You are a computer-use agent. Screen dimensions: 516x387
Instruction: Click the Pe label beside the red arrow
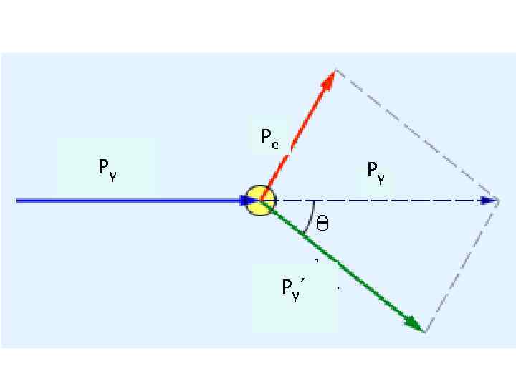click(270, 137)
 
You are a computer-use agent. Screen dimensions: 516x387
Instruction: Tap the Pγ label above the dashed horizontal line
click(376, 171)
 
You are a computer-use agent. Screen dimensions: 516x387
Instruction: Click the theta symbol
click(322, 224)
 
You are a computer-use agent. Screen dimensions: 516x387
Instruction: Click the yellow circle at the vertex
click(259, 201)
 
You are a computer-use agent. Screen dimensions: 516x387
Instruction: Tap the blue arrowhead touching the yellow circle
click(248, 201)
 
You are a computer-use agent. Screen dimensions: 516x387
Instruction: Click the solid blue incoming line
click(129, 201)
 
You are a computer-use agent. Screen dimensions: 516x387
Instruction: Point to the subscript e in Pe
click(275, 141)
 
